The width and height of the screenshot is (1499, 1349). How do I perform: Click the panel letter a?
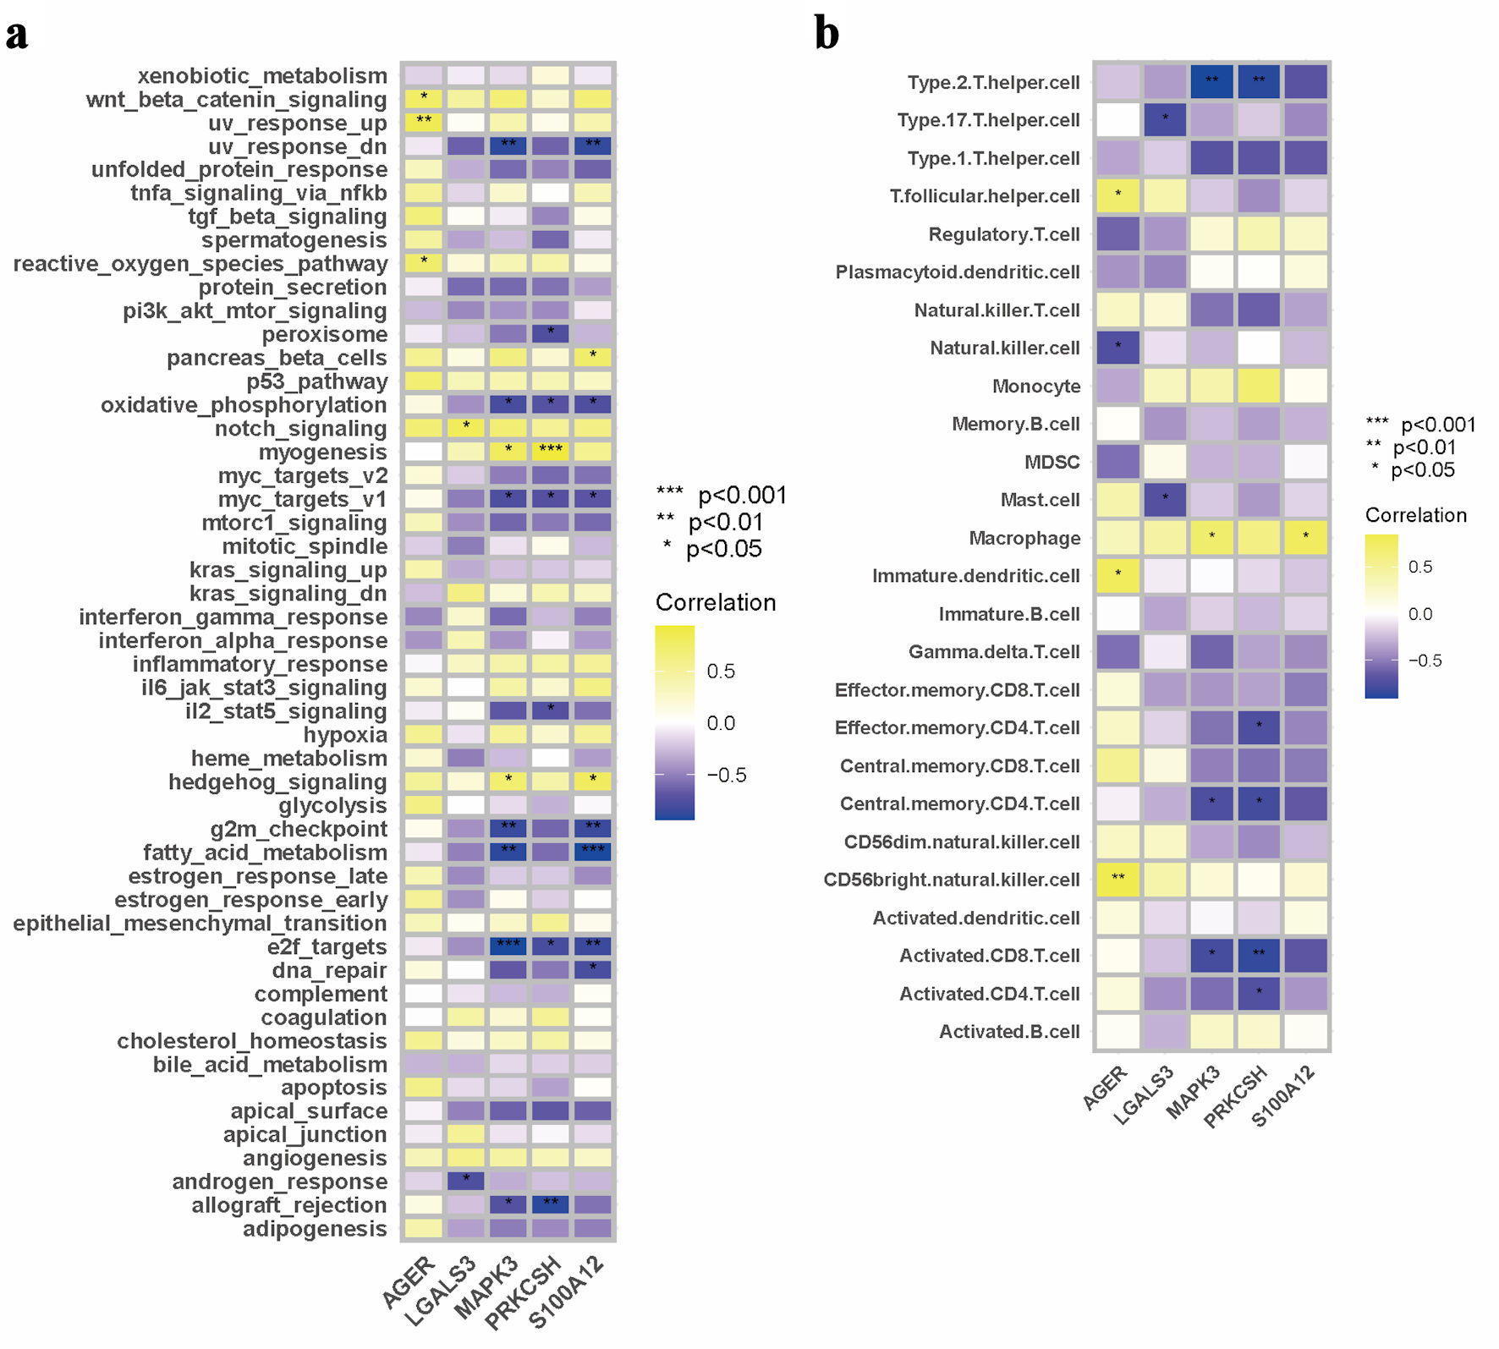17,36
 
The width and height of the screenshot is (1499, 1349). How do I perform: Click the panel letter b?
826,34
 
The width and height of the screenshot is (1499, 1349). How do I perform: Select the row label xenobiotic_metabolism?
262,76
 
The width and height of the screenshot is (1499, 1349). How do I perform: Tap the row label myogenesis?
322,452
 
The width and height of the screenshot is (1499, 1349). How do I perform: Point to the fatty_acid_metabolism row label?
265,853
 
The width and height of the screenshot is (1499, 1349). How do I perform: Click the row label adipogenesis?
315,1229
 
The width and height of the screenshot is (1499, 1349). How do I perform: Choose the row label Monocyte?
1036,387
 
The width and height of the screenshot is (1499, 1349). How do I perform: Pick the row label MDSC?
1052,462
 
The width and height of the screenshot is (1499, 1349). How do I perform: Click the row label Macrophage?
1024,538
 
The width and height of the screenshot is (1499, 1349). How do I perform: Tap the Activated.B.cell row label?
1009,1032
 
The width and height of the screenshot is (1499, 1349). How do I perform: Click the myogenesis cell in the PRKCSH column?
551,452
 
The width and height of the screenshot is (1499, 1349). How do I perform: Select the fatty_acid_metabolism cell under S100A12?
593,852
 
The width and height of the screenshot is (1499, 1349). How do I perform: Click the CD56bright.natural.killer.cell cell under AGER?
1118,880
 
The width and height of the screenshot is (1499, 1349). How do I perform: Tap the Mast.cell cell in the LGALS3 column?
1166,500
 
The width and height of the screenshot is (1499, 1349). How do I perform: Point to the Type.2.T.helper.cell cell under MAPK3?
1212,82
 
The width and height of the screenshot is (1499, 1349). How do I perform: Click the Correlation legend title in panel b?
1416,515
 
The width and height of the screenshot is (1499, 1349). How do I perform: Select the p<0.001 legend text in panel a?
742,496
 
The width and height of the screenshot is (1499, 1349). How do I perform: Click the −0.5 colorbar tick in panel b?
1425,661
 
